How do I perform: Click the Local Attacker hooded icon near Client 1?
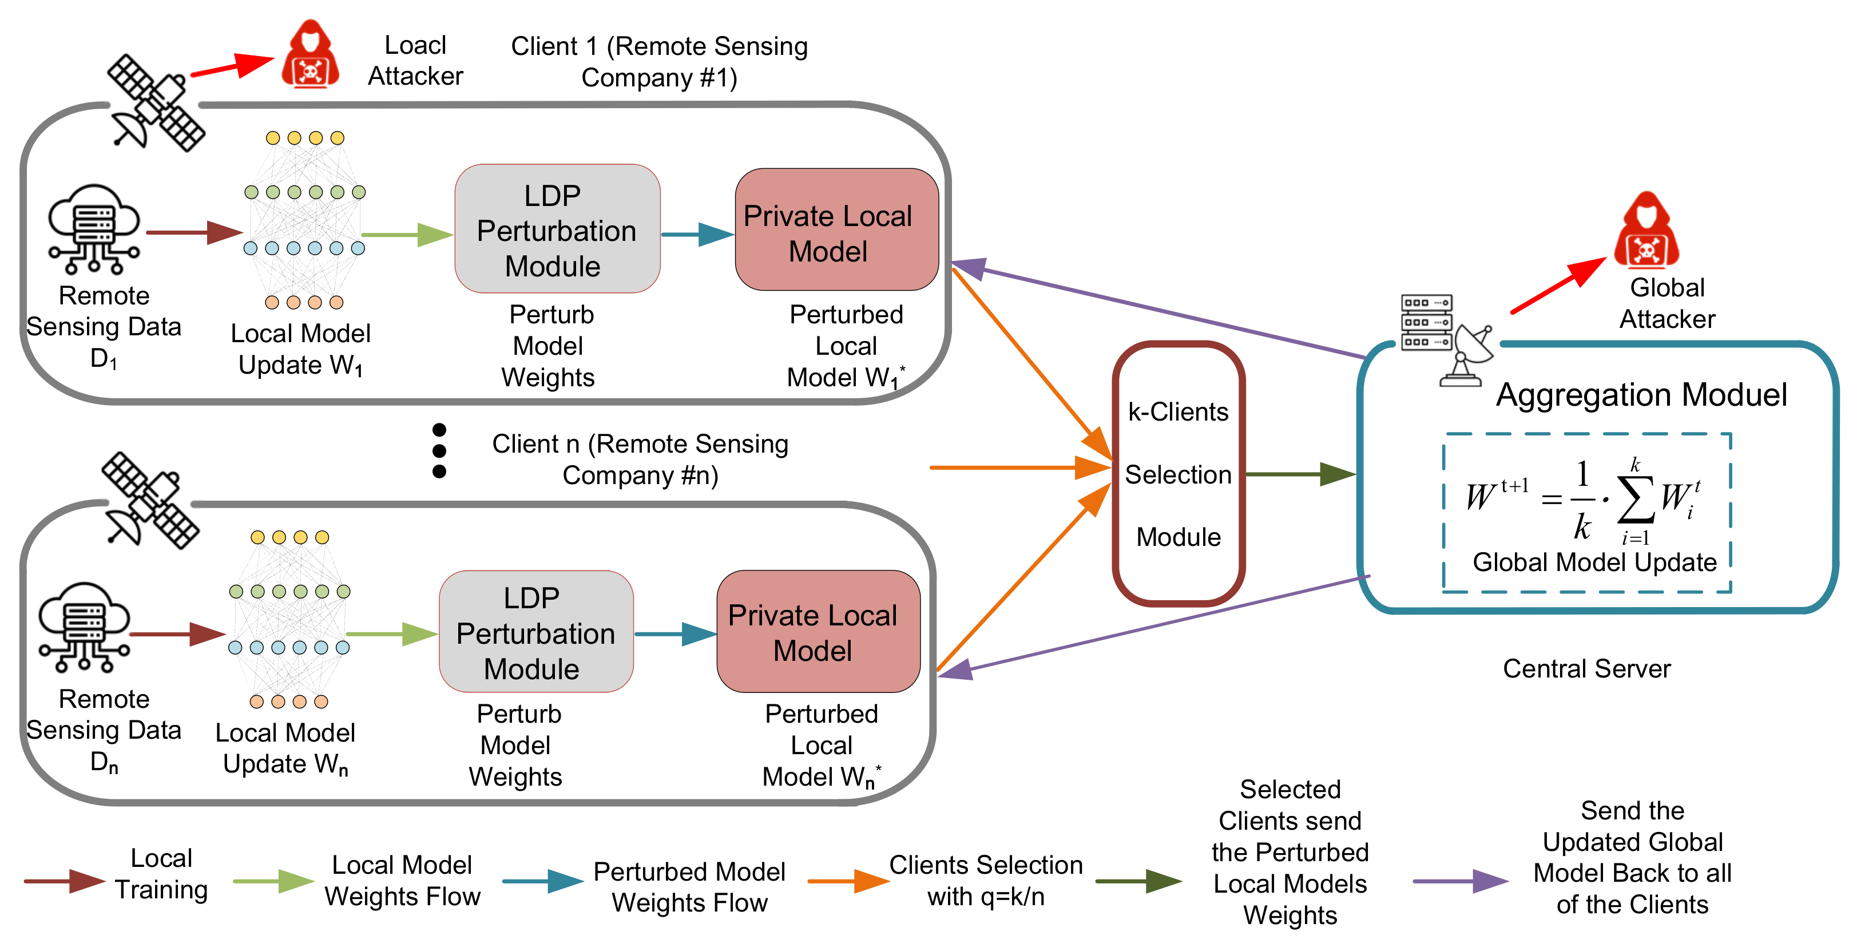click(310, 55)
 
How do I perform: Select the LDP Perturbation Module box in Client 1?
click(557, 229)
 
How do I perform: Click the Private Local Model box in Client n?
click(818, 632)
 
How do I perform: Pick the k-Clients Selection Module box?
click(1178, 474)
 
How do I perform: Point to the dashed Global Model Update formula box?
click(1586, 513)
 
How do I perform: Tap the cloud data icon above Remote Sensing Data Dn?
click(84, 627)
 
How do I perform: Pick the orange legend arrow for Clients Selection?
click(848, 881)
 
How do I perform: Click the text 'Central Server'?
click(1586, 668)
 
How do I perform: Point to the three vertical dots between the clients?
click(439, 451)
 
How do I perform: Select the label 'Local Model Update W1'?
click(300, 349)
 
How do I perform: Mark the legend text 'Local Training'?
click(161, 873)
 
